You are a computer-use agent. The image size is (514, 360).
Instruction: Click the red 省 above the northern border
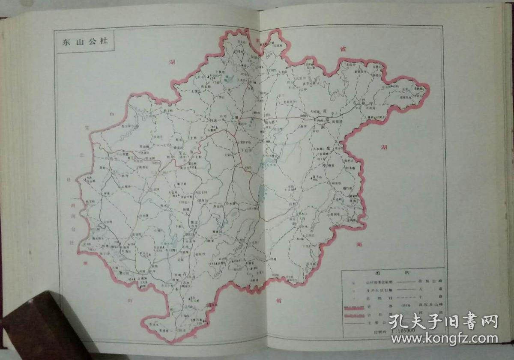343,49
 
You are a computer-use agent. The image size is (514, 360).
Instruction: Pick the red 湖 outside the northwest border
172,63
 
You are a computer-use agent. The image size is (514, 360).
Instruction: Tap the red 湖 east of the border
383,147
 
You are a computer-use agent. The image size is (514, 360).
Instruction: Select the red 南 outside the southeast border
359,245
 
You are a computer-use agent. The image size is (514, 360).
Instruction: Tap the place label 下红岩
245,150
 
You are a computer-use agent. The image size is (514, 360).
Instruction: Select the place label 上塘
234,121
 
